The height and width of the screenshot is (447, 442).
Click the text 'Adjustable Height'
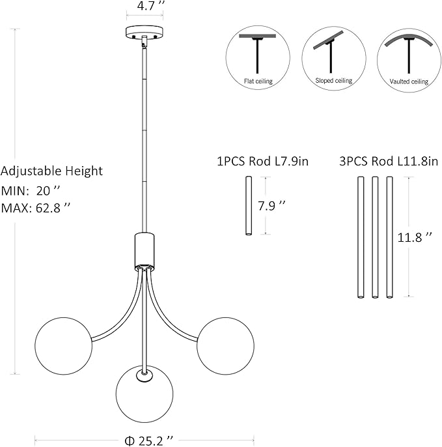point(52,171)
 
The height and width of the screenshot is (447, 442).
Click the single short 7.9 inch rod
point(248,205)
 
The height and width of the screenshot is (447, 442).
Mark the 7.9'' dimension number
point(271,205)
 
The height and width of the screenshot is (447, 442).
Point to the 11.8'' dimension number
point(415,237)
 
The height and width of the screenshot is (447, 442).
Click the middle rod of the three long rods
point(375,237)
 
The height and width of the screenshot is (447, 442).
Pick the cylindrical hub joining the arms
point(143,250)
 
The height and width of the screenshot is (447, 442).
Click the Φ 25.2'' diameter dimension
point(150,439)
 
